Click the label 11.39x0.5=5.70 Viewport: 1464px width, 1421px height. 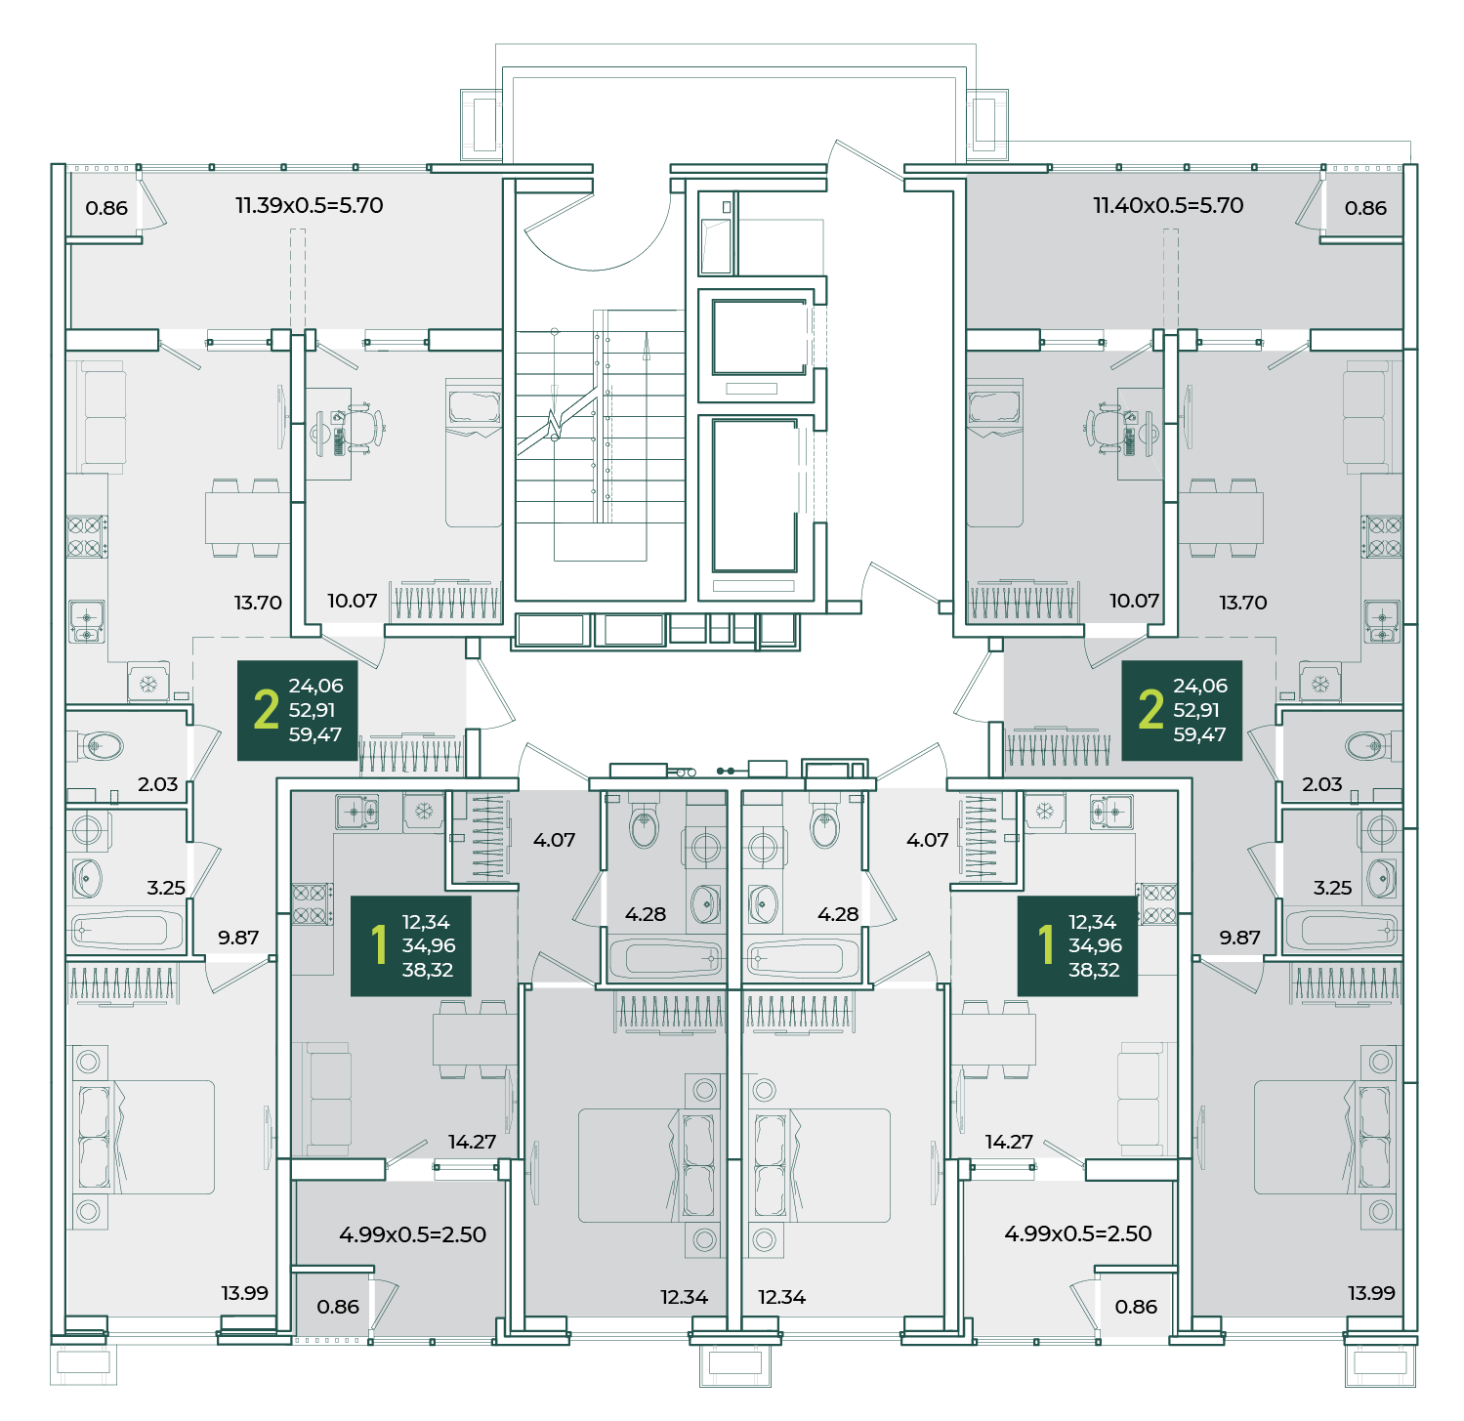pos(309,205)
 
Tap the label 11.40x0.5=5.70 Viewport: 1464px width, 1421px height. pos(1168,205)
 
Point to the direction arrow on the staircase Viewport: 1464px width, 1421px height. pos(646,346)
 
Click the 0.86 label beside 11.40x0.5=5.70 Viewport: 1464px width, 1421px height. pos(1365,208)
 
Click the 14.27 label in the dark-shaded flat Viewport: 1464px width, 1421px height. pos(472,1142)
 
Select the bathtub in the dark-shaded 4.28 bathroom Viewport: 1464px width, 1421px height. pos(665,959)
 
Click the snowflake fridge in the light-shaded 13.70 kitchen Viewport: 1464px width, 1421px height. pos(148,684)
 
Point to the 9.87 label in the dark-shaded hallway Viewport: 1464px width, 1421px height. pos(1239,938)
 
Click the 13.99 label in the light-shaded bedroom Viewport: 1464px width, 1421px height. pos(244,1293)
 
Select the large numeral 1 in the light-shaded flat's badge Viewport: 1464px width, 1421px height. pos(1046,944)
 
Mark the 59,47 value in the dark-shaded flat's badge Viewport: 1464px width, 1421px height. pos(1199,734)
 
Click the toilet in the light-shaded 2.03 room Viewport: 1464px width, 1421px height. pos(97,747)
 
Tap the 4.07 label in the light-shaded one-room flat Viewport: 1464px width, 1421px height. pos(927,840)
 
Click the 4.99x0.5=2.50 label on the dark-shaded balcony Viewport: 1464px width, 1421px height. pos(412,1234)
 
